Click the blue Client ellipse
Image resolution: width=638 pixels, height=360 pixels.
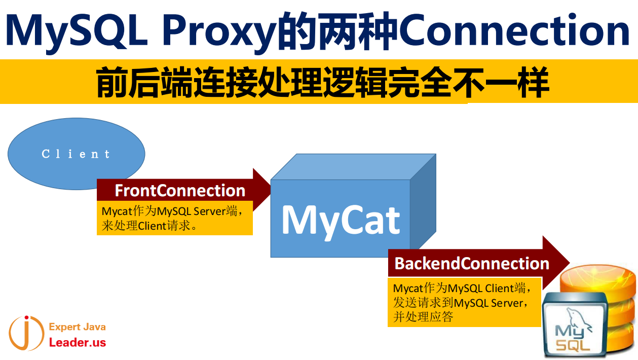coord(77,154)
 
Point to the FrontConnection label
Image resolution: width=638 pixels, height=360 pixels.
coord(180,191)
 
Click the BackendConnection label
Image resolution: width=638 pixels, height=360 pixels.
coord(472,264)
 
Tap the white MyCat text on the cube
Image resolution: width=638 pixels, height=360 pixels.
coord(341,221)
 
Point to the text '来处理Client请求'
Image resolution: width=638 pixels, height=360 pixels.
coord(149,226)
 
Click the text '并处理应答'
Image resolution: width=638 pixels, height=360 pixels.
coord(423,317)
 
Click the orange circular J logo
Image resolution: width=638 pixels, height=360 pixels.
coord(26,333)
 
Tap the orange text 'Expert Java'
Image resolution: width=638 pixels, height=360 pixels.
coord(77,327)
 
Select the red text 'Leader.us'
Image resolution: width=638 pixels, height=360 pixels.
coord(78,343)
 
